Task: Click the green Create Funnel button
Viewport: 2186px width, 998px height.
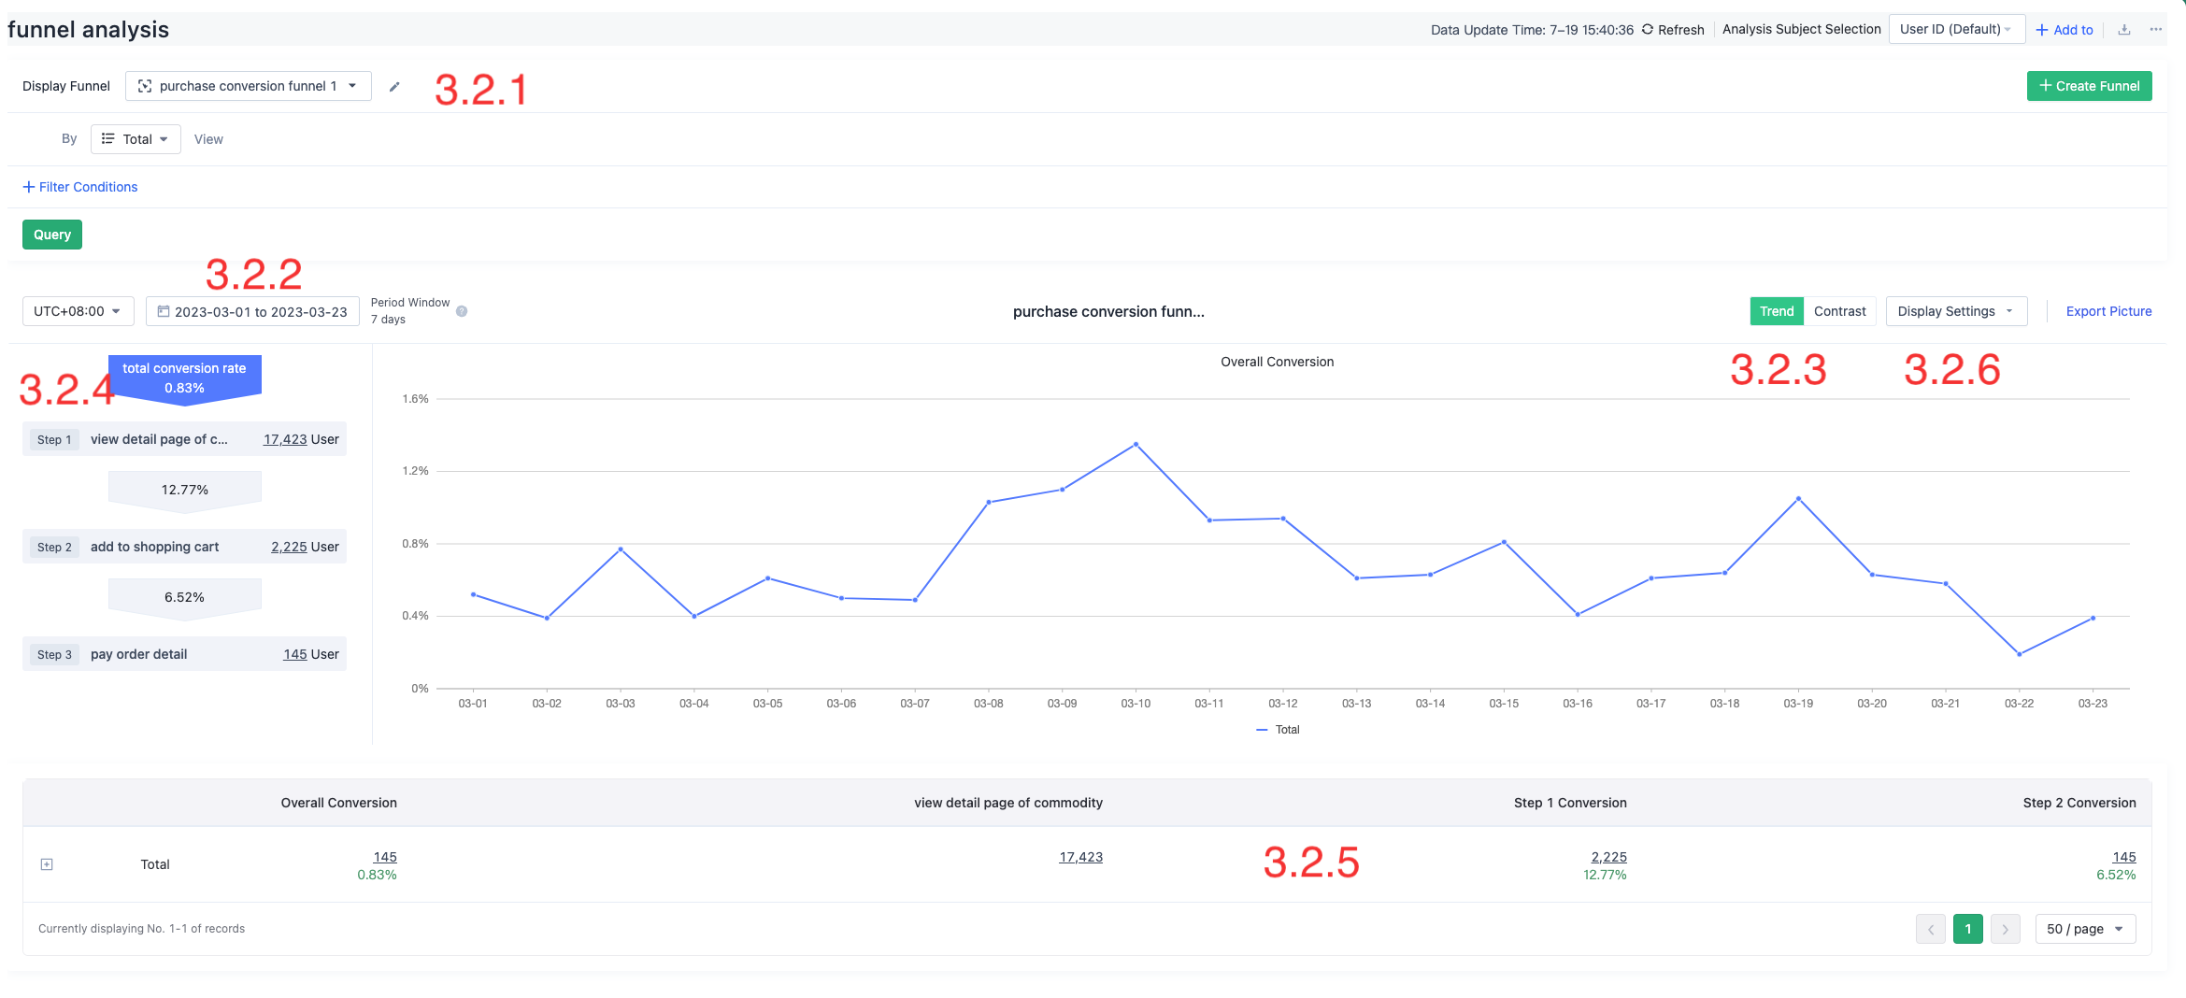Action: tap(2089, 86)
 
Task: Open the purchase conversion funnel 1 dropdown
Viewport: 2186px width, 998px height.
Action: tap(248, 86)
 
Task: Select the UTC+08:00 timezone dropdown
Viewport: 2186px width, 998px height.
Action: tap(78, 311)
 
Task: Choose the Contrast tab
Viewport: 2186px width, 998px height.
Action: tap(1839, 311)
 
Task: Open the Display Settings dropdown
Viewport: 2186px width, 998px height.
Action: tap(1955, 311)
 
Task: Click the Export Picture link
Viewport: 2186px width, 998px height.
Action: tap(2108, 311)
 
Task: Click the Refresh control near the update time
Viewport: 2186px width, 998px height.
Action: tap(1673, 30)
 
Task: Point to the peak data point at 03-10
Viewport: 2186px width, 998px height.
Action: tap(1136, 444)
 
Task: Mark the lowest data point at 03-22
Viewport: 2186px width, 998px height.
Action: tap(2019, 654)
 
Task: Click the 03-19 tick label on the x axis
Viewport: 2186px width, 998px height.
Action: tap(1798, 704)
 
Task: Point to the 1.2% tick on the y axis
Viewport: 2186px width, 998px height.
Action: tap(415, 471)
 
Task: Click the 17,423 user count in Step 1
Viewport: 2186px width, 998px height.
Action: tap(285, 439)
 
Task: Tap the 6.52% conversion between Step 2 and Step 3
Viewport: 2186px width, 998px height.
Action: tap(184, 597)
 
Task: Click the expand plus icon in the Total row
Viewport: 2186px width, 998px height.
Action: tap(47, 864)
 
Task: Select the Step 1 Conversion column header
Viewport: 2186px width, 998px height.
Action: tap(1570, 803)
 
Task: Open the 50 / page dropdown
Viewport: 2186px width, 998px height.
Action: tap(2085, 929)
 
